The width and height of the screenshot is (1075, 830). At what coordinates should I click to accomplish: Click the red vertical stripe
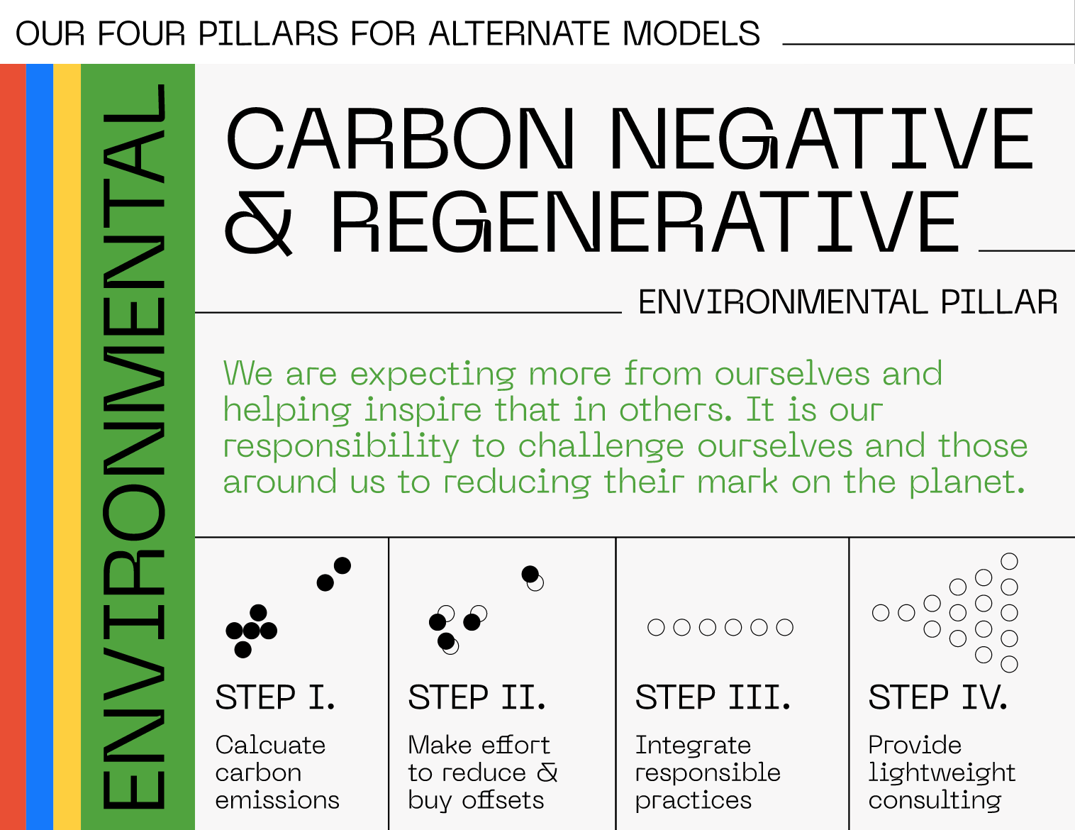tap(13, 446)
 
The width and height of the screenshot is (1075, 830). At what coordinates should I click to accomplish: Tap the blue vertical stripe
tap(40, 446)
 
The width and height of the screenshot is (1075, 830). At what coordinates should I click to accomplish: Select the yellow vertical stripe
tap(67, 446)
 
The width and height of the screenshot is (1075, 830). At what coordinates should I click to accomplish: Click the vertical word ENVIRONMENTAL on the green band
tap(133, 446)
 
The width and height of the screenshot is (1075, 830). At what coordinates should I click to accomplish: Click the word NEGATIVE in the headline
tap(822, 138)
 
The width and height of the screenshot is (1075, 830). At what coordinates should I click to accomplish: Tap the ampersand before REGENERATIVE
tap(258, 223)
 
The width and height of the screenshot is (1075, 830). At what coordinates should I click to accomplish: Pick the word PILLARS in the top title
tap(268, 33)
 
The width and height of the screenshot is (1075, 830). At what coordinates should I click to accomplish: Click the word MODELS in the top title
tap(691, 33)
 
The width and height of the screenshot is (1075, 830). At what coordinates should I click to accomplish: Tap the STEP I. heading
tap(275, 697)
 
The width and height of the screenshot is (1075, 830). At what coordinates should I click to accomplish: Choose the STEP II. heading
tap(477, 697)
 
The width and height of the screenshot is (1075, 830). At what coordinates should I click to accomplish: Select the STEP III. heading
tap(713, 697)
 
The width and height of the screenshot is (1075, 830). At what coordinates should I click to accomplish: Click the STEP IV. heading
tap(938, 697)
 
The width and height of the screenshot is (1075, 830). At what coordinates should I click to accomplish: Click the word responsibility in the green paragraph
tap(341, 446)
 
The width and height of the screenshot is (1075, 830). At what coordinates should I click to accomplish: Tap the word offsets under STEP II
tap(503, 799)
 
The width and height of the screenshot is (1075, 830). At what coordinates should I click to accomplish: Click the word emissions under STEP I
tap(277, 800)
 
